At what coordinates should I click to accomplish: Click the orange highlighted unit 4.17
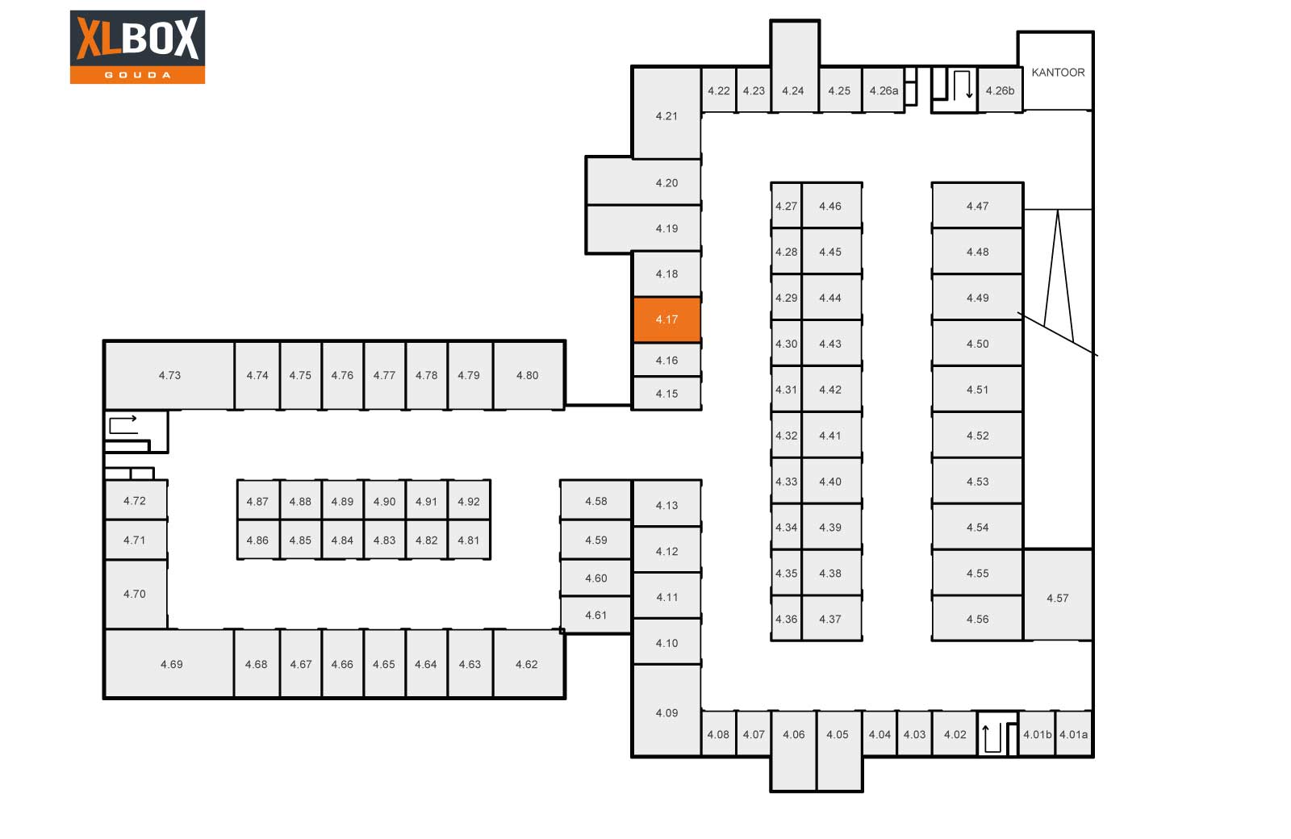666,319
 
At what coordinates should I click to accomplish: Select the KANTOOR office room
1057,73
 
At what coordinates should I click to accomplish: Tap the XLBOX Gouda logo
137,47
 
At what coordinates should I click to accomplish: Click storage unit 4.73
169,375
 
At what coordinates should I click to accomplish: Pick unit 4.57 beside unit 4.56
1057,597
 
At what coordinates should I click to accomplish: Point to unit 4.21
666,115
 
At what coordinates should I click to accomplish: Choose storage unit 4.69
171,664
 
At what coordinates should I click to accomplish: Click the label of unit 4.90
384,502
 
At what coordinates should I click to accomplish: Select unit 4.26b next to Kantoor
1000,90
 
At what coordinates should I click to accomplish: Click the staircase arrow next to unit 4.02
998,736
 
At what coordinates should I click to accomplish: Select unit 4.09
666,712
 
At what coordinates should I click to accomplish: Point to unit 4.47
977,206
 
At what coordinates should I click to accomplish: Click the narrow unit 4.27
786,206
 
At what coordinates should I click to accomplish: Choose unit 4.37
830,619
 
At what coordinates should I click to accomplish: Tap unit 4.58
595,501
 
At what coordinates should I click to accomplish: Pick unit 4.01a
1073,734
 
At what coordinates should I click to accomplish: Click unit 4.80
527,375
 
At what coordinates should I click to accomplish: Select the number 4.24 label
792,91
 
